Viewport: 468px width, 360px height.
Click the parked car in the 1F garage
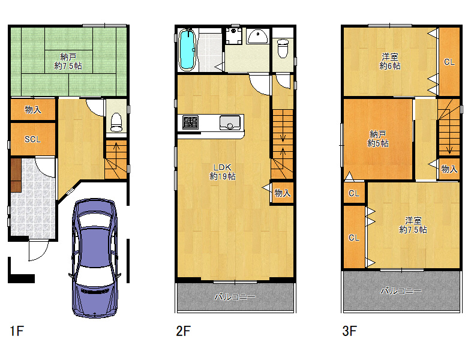click(x=94, y=258)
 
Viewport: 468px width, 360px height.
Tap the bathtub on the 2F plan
click(x=187, y=50)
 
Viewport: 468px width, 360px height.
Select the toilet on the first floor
click(x=116, y=122)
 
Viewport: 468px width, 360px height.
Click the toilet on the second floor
click(x=283, y=49)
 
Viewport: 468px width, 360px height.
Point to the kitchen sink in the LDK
click(x=230, y=122)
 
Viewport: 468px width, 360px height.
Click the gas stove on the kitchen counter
click(x=190, y=122)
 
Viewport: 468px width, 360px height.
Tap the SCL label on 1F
click(x=32, y=139)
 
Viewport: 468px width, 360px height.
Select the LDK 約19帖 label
click(x=223, y=172)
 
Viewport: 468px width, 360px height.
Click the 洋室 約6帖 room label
click(x=390, y=61)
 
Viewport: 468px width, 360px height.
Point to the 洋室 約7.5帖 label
click(x=413, y=225)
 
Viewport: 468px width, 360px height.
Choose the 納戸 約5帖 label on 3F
click(x=378, y=139)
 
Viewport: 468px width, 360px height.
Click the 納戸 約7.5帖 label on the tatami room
click(x=68, y=61)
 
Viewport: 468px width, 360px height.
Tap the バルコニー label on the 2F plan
click(x=235, y=297)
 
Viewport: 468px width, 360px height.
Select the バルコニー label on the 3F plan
click(x=401, y=290)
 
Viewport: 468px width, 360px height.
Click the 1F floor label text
click(x=17, y=331)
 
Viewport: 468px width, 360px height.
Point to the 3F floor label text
click(x=350, y=331)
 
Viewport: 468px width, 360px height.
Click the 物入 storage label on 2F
click(x=283, y=193)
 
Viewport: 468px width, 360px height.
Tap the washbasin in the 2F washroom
click(x=258, y=37)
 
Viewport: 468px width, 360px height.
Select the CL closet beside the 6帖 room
click(x=449, y=62)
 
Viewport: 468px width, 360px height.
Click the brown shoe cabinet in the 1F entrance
click(x=16, y=175)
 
